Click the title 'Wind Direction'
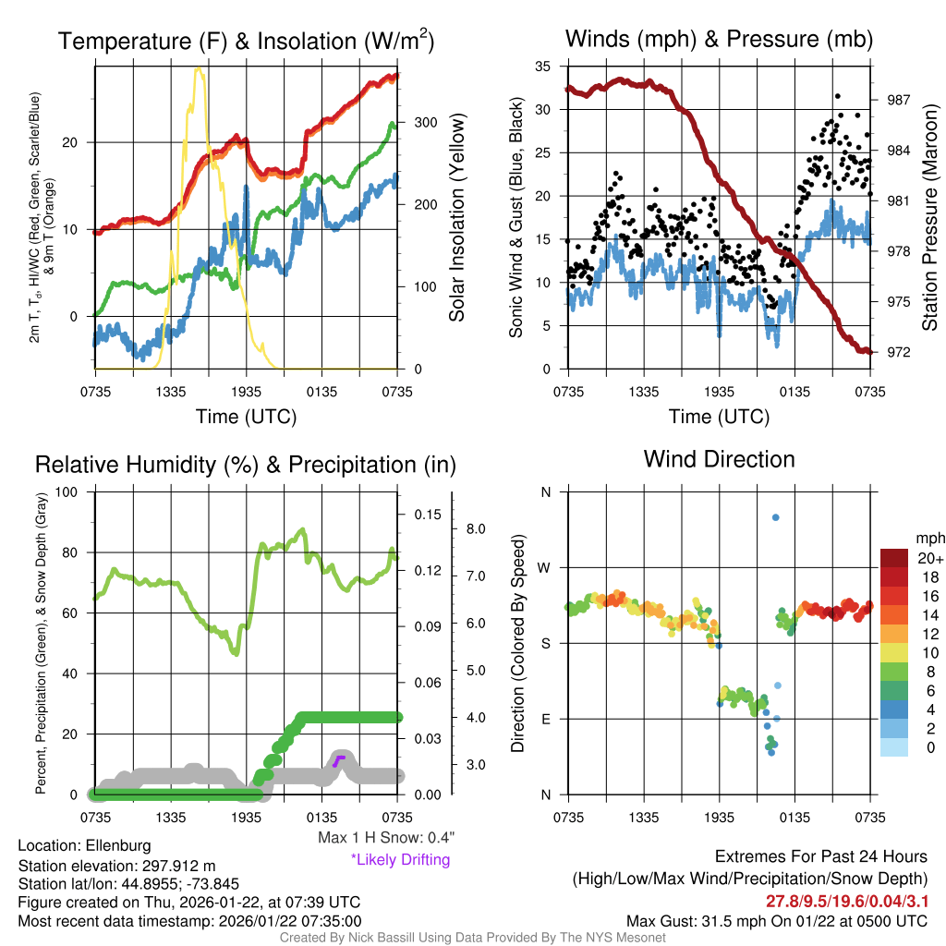pos(719,459)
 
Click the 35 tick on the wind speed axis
pos(543,67)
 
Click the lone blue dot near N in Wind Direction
pos(776,517)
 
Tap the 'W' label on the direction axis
pos(545,567)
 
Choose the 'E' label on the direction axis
pos(545,719)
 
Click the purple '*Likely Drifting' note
pos(400,860)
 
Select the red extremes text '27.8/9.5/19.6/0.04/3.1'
pos(845,902)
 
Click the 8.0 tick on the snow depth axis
pos(477,529)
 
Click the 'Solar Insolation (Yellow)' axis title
pos(456,218)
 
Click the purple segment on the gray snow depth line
pos(338,760)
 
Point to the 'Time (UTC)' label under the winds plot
pos(720,417)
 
